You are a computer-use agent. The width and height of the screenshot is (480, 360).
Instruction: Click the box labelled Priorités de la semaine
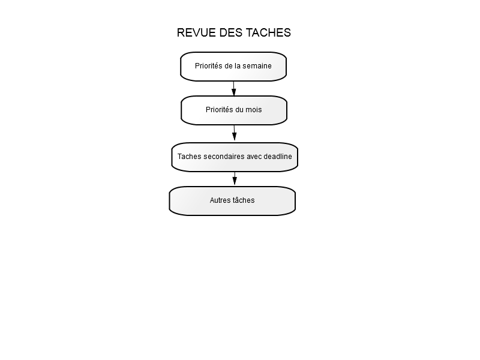pos(233,67)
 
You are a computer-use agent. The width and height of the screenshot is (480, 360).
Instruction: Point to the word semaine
pos(257,66)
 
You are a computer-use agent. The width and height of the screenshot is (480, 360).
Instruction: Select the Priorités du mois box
pos(234,110)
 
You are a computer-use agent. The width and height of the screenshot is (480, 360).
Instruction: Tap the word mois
pos(254,110)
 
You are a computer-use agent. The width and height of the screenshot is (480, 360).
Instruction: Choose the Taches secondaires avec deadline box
pos(235,157)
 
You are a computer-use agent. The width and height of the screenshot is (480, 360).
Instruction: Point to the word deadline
pos(278,157)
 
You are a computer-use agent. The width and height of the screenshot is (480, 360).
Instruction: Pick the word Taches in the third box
pos(189,157)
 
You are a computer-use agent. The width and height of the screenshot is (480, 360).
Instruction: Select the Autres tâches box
pos(232,201)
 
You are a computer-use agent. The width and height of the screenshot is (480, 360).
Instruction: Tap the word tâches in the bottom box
pos(242,200)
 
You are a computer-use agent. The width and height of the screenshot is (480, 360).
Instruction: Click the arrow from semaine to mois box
pos(234,89)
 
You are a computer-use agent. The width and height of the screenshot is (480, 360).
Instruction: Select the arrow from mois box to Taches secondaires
pos(235,133)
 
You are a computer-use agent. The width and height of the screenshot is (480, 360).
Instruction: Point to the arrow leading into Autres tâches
pos(235,178)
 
